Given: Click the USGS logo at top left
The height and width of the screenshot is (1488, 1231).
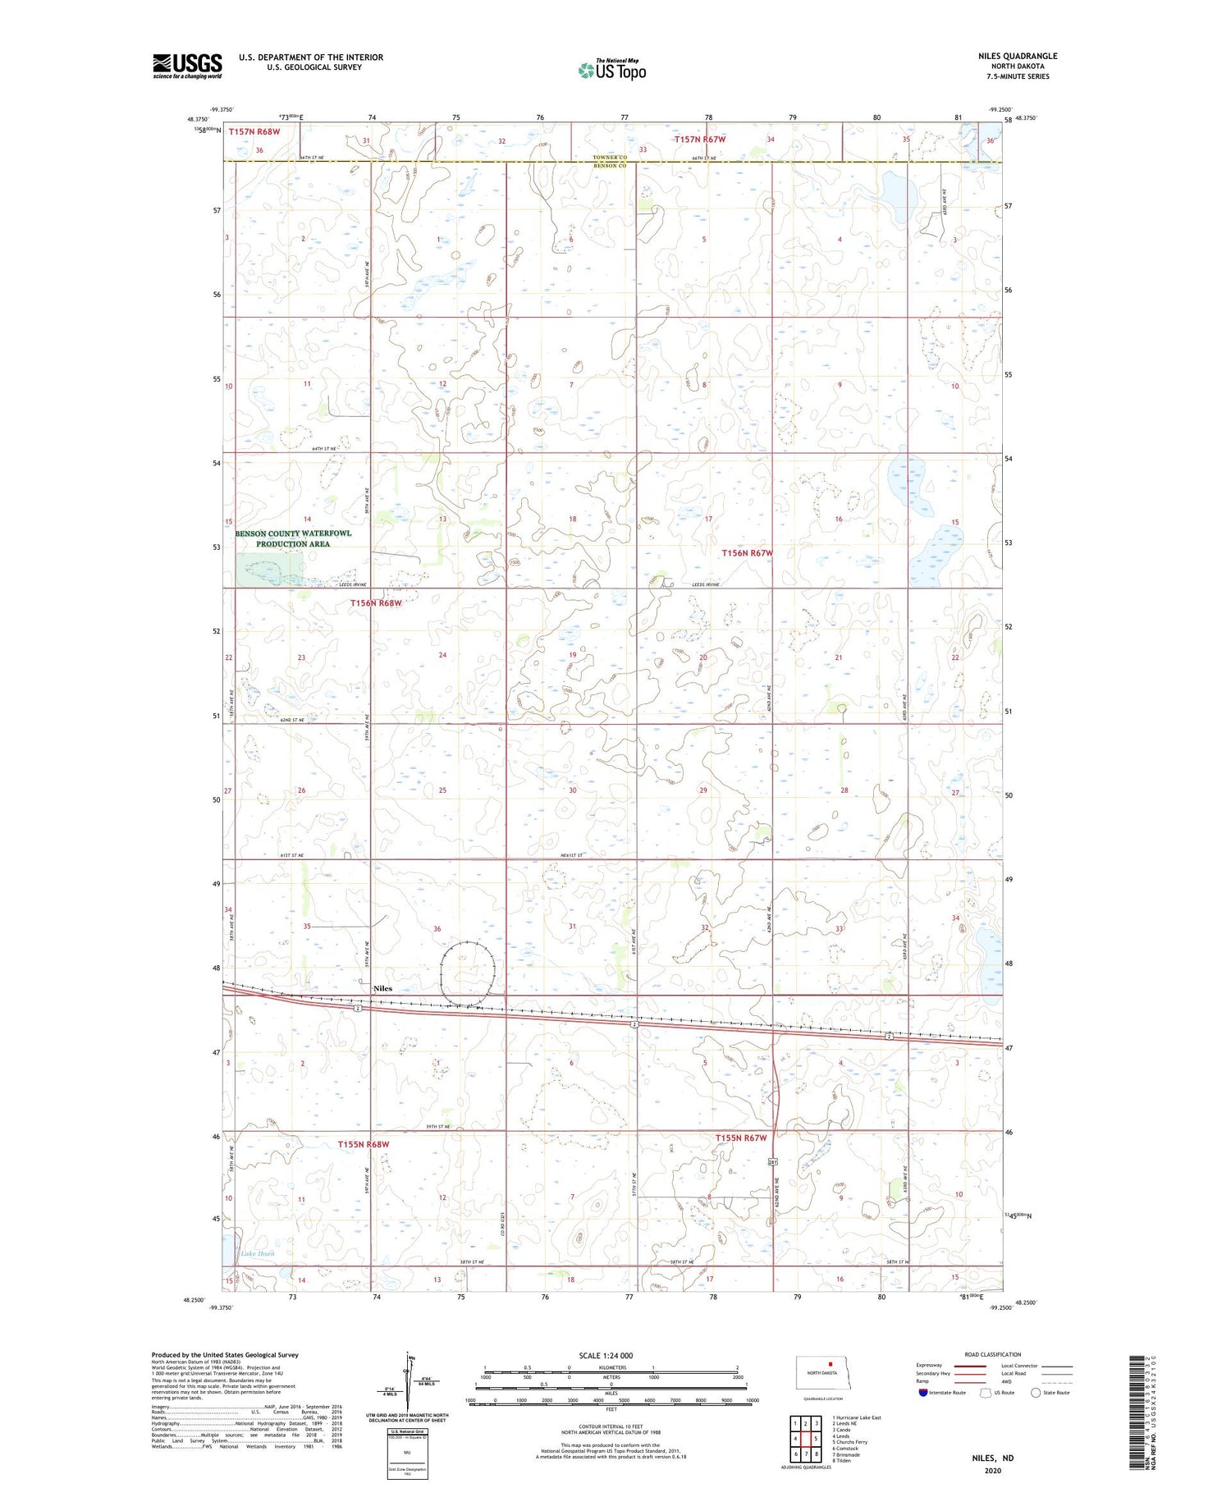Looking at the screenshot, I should [x=187, y=66].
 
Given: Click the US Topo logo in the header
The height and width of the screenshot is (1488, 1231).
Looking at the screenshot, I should [x=611, y=71].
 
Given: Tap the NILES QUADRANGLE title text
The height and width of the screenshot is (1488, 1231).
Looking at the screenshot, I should [x=1017, y=56].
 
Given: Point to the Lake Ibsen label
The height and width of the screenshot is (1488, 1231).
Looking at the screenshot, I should [x=257, y=1253].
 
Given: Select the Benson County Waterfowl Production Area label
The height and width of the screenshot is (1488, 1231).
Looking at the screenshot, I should [x=293, y=538].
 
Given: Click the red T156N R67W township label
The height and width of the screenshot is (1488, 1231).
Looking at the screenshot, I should [x=747, y=553].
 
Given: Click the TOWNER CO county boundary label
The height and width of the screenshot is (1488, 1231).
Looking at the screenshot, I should [x=609, y=158].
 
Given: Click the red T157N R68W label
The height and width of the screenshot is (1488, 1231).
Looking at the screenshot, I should [x=254, y=131].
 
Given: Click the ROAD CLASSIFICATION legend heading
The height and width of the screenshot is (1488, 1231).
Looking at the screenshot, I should [x=993, y=1354].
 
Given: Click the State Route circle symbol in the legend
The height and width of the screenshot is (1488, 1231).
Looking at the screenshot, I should [x=1036, y=1392].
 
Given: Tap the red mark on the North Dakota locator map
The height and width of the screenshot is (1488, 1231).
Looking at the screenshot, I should [x=830, y=1367].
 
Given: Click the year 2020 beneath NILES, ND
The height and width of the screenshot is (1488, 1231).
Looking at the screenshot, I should [x=993, y=1470].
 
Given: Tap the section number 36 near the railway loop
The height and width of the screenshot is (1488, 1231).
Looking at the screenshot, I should [x=437, y=929].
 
